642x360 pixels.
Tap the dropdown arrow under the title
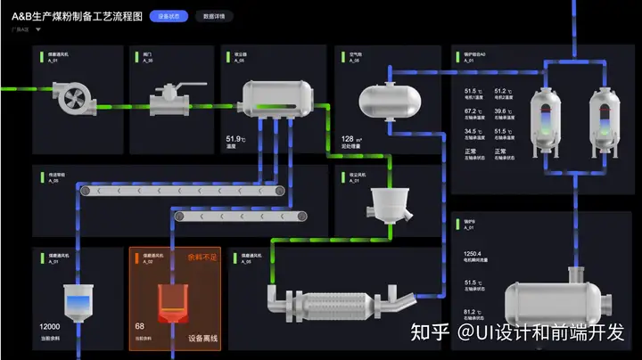(38, 29)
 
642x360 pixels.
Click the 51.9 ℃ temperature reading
(235, 138)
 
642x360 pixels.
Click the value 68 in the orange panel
(140, 327)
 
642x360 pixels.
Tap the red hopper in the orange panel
(172, 302)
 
